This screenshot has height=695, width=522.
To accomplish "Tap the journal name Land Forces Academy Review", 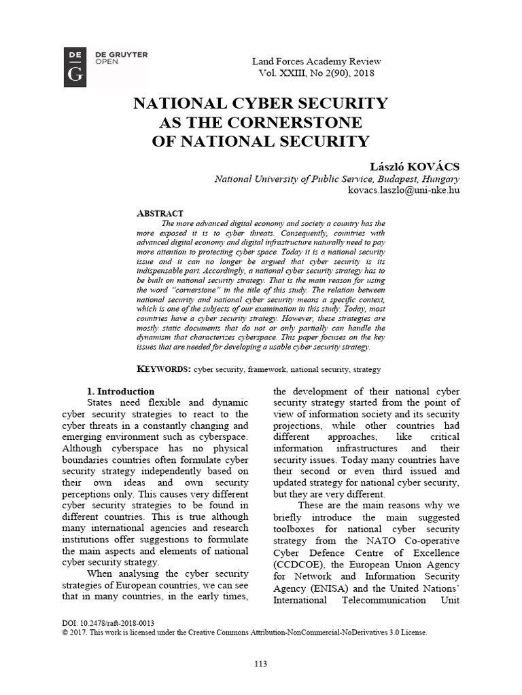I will click(x=315, y=60).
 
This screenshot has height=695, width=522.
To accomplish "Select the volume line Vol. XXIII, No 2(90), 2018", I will click(x=315, y=73).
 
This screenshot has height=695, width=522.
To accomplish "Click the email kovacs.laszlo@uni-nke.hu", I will click(x=404, y=191).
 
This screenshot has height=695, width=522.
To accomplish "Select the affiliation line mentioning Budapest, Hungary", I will click(x=337, y=179).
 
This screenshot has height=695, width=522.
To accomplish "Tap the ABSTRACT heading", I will click(x=160, y=213).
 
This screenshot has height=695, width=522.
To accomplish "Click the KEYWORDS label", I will click(x=164, y=369).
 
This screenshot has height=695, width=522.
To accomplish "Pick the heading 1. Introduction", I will click(x=121, y=392).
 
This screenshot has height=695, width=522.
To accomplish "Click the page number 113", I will click(x=260, y=663).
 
